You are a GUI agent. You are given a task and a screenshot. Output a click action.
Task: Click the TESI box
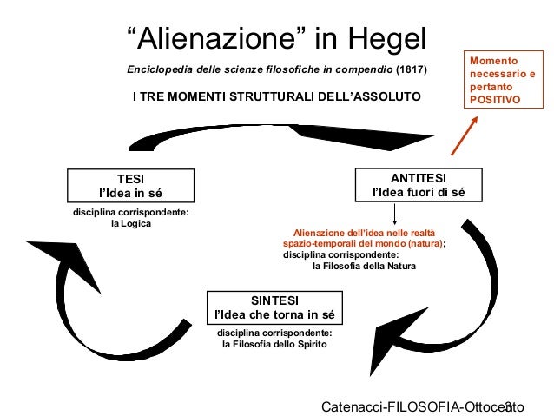(x=130, y=184)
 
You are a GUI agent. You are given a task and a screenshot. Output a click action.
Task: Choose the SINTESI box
(x=274, y=306)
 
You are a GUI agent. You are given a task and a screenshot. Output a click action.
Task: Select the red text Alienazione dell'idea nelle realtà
(x=368, y=233)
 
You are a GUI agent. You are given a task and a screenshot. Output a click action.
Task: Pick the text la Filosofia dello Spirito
(x=274, y=344)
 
